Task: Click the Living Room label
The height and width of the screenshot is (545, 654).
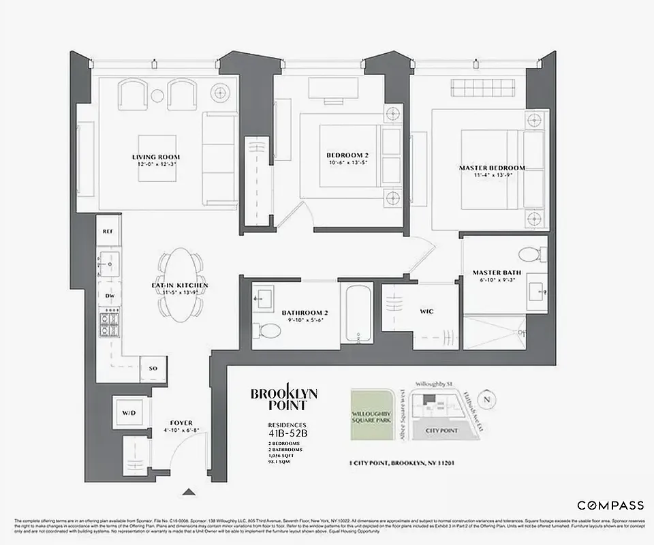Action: [156, 157]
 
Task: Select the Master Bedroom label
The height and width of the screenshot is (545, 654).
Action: [492, 168]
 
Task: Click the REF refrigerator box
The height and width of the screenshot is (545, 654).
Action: [108, 232]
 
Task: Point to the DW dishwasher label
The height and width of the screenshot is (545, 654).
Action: [109, 296]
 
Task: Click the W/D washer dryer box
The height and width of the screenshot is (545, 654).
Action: [129, 413]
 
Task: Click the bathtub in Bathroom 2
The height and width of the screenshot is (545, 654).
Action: [358, 315]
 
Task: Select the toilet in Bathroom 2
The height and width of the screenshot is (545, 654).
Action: [270, 332]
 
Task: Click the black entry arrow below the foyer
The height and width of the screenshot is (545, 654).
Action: [188, 492]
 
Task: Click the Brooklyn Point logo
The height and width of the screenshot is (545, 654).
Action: [283, 399]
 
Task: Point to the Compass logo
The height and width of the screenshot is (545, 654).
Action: [610, 505]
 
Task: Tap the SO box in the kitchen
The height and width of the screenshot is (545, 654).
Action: [153, 368]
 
